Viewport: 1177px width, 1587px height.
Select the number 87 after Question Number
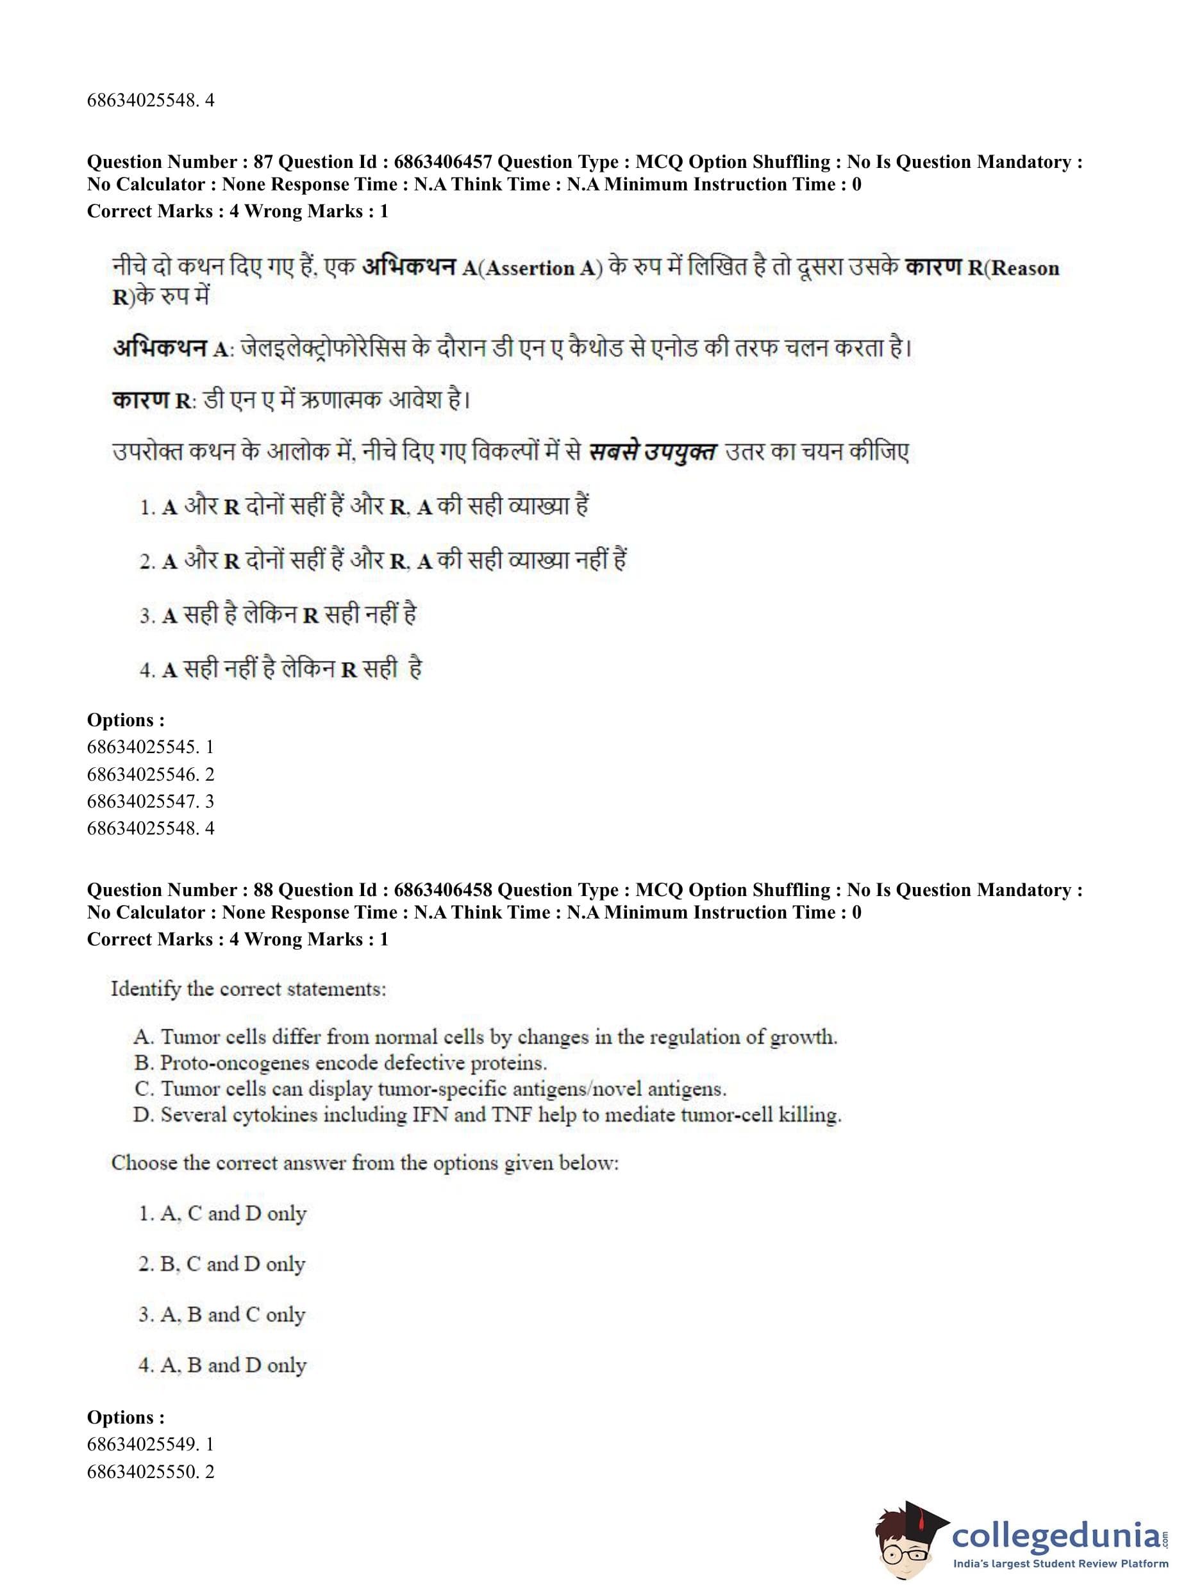click(263, 162)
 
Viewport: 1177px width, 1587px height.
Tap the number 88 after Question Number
click(263, 890)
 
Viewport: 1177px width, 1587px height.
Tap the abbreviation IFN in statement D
click(430, 1115)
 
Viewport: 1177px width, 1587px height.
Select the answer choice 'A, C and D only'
click(222, 1214)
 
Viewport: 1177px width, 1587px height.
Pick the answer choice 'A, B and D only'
click(222, 1365)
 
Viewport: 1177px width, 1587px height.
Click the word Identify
click(146, 990)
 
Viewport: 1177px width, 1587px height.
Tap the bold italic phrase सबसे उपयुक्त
click(652, 453)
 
